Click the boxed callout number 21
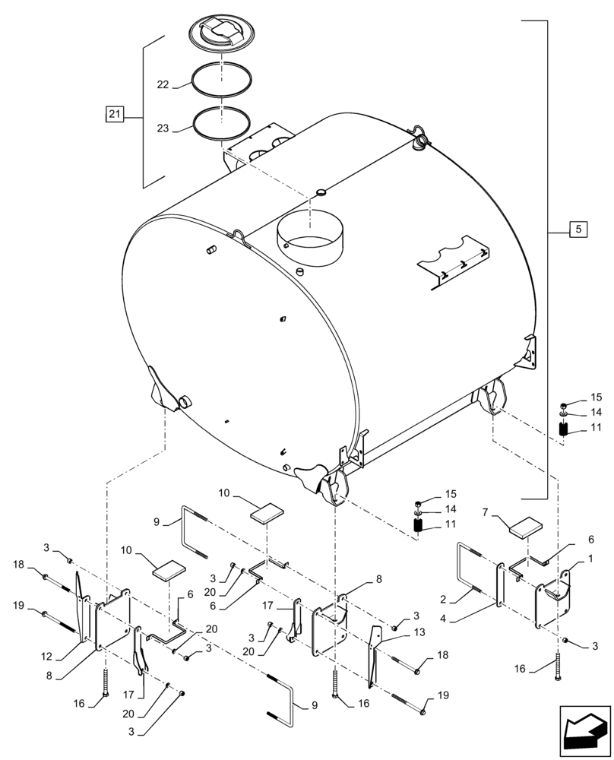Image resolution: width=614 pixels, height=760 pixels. (113, 115)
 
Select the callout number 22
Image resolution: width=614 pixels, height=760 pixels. (163, 86)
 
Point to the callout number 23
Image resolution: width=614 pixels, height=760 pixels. (163, 129)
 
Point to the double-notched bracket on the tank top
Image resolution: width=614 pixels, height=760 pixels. (454, 262)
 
